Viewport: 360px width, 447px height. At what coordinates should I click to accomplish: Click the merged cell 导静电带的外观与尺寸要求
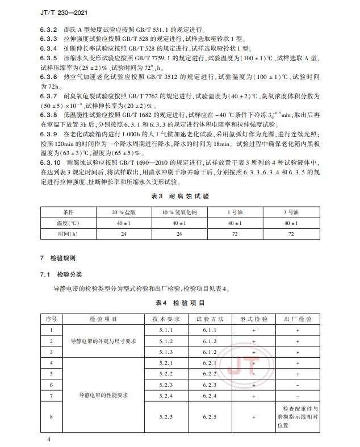pos(103,341)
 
